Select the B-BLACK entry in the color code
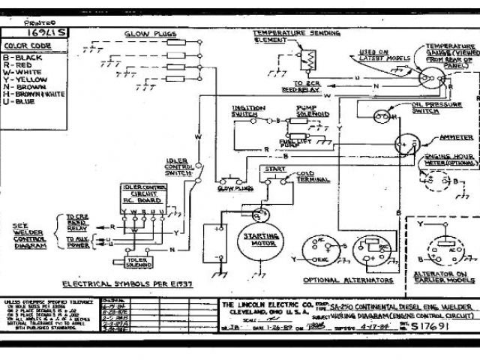(x=25, y=57)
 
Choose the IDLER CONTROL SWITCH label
(x=179, y=166)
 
